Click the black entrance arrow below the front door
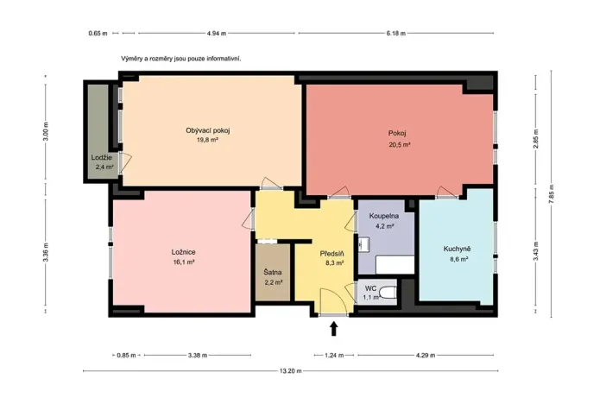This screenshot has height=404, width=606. click(x=334, y=329)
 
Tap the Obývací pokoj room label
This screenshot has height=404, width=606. click(x=208, y=130)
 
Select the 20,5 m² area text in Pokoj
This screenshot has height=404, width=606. click(x=399, y=145)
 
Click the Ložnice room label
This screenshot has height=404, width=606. click(x=184, y=252)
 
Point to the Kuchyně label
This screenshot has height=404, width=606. click(x=457, y=249)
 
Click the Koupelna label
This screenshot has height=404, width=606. click(x=384, y=216)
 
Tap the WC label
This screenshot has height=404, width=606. click(x=370, y=288)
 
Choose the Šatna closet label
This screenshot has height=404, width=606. click(x=273, y=272)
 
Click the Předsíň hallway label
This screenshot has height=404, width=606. click(x=331, y=254)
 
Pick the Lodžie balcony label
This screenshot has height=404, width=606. click(x=102, y=158)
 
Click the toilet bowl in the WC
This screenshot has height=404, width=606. click(x=388, y=293)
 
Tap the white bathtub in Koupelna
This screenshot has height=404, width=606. click(x=395, y=265)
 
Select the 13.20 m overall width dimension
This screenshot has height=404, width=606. click(x=291, y=370)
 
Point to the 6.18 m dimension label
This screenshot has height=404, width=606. click(x=395, y=34)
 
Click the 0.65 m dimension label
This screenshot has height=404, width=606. click(x=98, y=34)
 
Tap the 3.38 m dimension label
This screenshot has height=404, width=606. click(x=198, y=356)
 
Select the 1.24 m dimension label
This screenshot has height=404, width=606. click(x=334, y=356)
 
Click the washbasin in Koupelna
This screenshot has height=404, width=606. click(x=363, y=244)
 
